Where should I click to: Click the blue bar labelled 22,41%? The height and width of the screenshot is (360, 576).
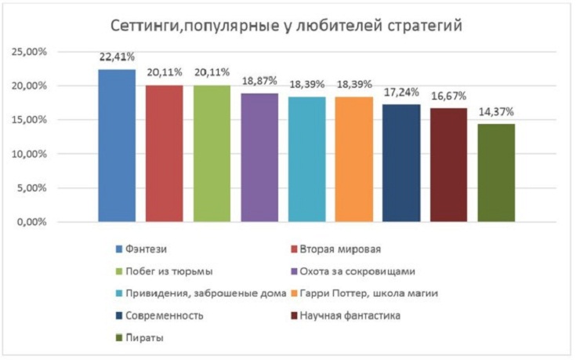[x=117, y=146]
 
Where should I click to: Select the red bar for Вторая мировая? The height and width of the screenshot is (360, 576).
[x=165, y=154]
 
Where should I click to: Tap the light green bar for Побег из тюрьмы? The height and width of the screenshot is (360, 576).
[x=212, y=154]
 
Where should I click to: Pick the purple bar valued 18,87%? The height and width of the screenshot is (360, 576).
[x=259, y=158]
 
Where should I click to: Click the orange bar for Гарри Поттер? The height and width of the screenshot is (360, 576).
[x=354, y=159]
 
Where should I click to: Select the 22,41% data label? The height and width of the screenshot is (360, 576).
[x=117, y=57]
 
